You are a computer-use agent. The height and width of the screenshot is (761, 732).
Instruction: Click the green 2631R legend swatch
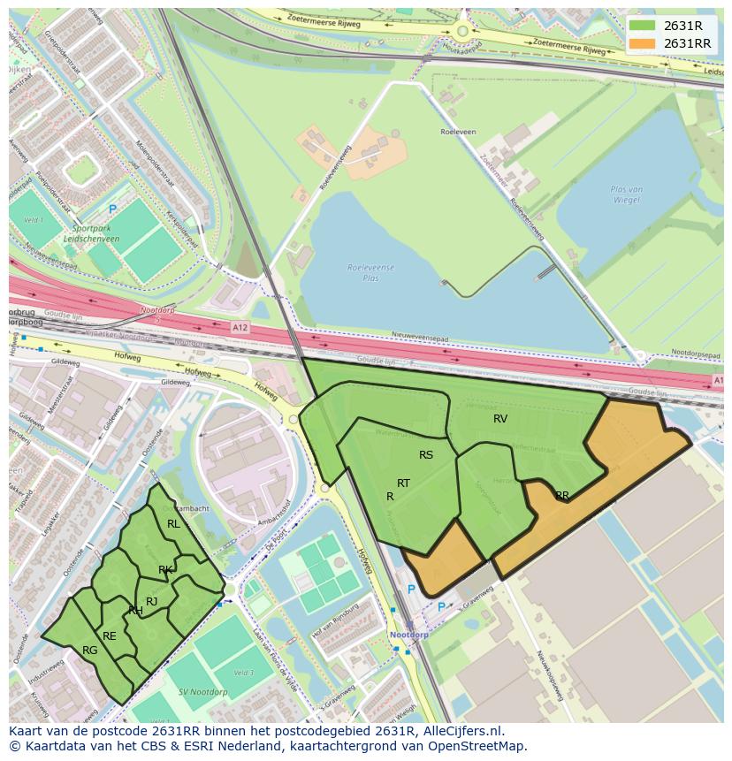pyautogui.click(x=643, y=26)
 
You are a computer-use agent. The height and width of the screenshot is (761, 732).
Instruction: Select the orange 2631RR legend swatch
pyautogui.click(x=643, y=43)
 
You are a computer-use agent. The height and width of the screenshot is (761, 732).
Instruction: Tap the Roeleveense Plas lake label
pyautogui.click(x=371, y=271)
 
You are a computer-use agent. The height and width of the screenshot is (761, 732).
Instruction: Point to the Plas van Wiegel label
pyautogui.click(x=626, y=194)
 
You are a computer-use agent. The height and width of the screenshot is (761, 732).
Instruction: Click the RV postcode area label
pyautogui.click(x=500, y=419)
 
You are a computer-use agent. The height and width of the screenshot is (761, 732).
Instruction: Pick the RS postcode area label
pyautogui.click(x=426, y=455)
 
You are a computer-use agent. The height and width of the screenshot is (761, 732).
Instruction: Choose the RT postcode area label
pyautogui.click(x=403, y=483)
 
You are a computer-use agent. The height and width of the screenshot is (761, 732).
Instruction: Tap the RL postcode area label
pyautogui.click(x=173, y=524)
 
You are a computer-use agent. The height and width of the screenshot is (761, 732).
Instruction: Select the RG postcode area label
pyautogui.click(x=89, y=651)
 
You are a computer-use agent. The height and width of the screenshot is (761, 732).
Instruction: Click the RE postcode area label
pyautogui.click(x=109, y=635)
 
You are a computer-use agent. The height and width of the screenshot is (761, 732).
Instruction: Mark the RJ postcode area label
pyautogui.click(x=151, y=602)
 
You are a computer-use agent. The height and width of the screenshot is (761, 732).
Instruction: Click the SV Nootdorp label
pyautogui.click(x=202, y=691)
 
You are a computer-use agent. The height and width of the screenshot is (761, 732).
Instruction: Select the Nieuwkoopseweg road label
pyautogui.click(x=550, y=676)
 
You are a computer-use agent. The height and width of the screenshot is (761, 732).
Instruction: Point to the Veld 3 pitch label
pyautogui.click(x=244, y=673)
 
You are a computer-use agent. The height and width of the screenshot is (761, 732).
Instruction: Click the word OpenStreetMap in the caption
pyautogui.click(x=480, y=746)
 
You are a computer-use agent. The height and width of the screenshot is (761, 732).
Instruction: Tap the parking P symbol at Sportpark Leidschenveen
pyautogui.click(x=112, y=209)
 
